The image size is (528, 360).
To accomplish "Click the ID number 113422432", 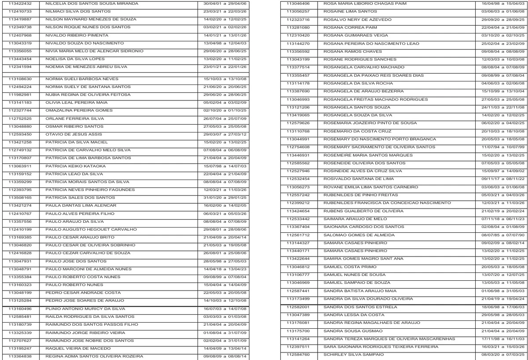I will click(x=20, y=4).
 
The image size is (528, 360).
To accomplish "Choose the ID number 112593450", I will click(x=20, y=134).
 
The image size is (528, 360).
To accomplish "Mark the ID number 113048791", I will click(x=20, y=268).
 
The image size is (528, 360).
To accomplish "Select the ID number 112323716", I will click(x=298, y=20).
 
